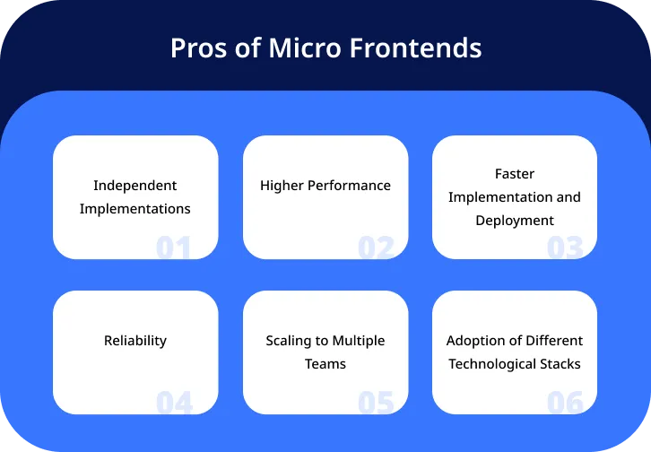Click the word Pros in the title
point(196,48)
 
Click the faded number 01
point(174,248)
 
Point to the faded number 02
point(376,248)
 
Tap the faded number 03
point(565,248)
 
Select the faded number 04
point(174,403)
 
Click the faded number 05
point(376,403)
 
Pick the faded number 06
point(565,403)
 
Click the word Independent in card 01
point(135,186)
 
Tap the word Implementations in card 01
point(135,209)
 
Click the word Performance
point(349,186)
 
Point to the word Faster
point(515,174)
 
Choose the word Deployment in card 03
point(515,221)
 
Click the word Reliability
point(135,341)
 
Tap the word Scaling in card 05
point(290,341)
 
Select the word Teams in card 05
point(325,364)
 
